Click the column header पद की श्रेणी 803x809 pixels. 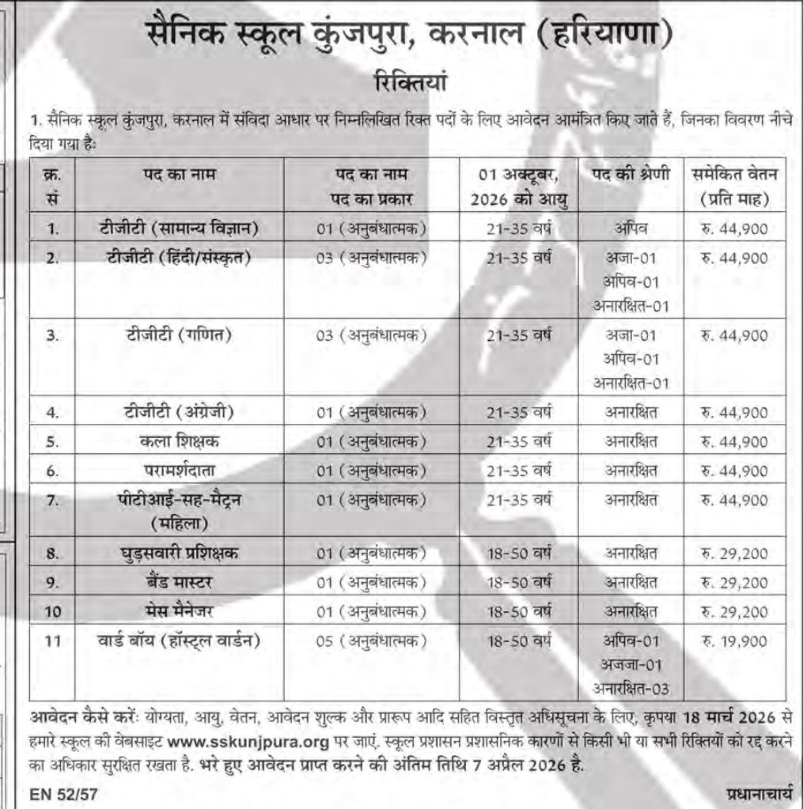[x=630, y=174]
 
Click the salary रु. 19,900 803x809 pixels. [x=733, y=640]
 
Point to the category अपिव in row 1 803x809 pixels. [x=630, y=229]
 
